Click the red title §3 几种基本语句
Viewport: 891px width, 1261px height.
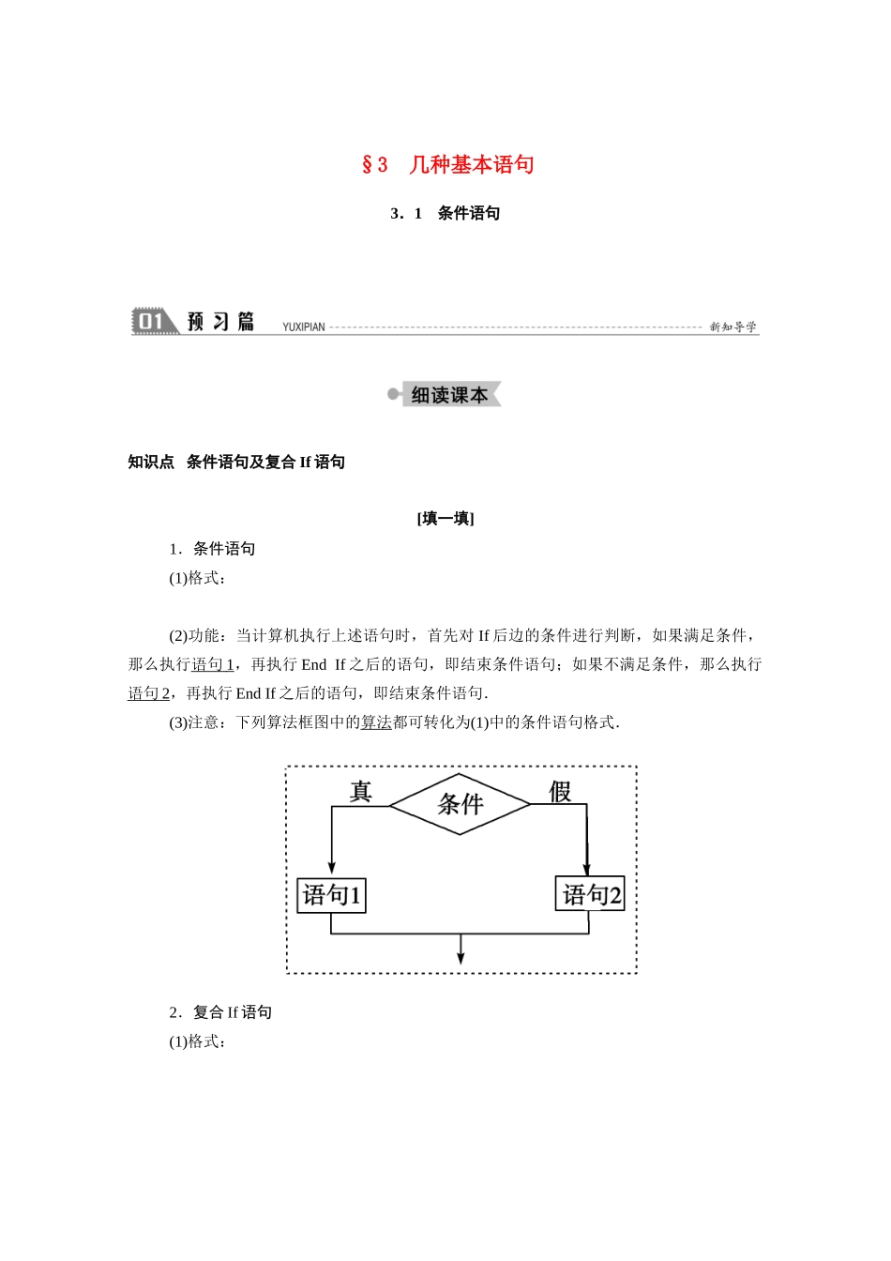[447, 165]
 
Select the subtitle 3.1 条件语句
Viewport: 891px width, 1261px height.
[445, 214]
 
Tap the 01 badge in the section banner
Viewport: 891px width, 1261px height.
[151, 322]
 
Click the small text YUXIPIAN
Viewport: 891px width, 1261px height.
[304, 327]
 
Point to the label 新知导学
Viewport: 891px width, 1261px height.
[732, 327]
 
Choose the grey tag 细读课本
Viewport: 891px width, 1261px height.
[449, 395]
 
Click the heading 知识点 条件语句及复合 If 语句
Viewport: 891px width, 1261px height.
[236, 462]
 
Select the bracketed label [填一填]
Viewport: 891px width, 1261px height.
[445, 519]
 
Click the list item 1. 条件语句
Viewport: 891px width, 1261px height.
[213, 549]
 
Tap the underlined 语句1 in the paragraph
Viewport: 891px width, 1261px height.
[213, 664]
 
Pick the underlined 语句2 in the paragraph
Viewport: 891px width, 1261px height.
[149, 693]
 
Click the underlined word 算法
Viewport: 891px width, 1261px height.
[376, 722]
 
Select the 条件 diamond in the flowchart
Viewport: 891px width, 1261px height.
[461, 804]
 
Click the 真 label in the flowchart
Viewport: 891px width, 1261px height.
[360, 792]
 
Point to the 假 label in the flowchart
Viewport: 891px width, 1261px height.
[560, 792]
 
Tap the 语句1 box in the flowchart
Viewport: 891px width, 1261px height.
[331, 895]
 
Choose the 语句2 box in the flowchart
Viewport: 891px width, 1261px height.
[590, 895]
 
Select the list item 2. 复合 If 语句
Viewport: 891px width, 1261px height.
[221, 1012]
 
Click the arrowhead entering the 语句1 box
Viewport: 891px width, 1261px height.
[331, 868]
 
